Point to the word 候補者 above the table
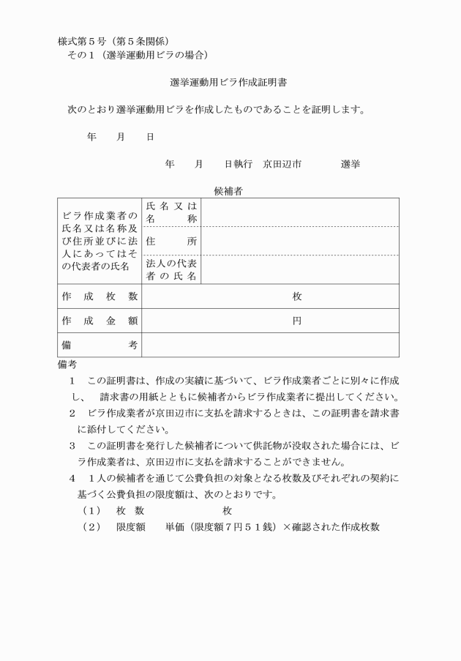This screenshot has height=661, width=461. coord(228,191)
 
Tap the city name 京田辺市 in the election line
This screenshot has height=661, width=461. coord(282,165)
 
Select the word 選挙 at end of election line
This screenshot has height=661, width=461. coord(350,165)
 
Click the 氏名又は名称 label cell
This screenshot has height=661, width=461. coord(172,212)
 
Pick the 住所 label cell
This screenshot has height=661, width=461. coord(172,241)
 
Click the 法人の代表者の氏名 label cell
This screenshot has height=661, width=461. coord(172,269)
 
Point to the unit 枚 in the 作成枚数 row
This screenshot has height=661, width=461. coord(297,296)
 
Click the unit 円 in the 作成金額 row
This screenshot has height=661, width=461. coord(297,321)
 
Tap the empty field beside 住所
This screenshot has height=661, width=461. coord(300,241)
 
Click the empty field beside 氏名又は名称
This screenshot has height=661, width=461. coord(300,212)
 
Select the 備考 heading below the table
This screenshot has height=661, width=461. coord(67,364)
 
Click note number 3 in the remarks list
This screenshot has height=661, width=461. coord(72,445)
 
